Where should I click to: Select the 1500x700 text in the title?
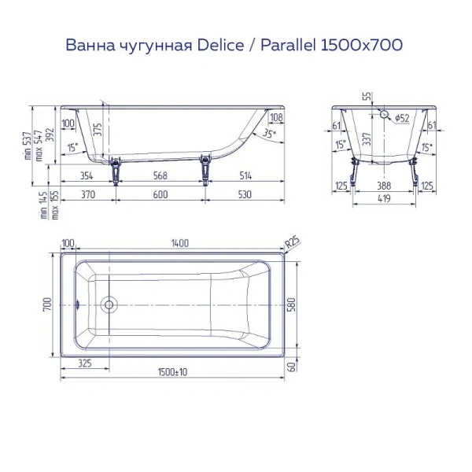point(359,46)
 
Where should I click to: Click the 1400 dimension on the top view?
point(179,243)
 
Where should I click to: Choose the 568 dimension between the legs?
point(161,175)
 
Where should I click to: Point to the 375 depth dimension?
point(98,131)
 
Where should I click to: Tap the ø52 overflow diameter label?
point(401,118)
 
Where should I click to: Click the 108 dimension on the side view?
point(275,118)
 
